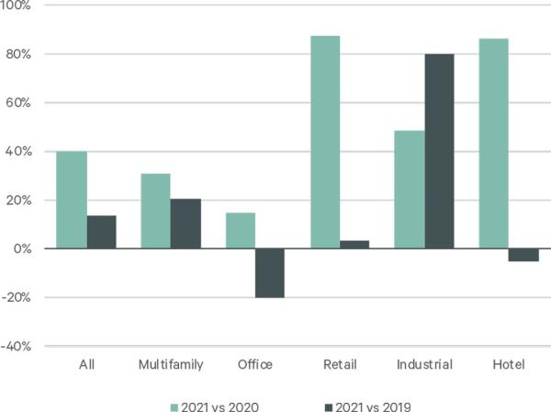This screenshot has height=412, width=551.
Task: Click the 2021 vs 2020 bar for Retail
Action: pos(325,143)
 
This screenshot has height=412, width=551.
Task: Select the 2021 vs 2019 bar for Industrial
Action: pos(439,151)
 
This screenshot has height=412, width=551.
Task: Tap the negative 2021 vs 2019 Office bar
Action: pos(270,273)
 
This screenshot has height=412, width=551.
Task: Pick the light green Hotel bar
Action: pos(493,143)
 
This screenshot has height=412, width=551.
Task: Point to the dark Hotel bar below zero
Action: pos(523,255)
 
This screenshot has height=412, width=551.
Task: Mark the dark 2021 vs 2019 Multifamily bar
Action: pos(186,223)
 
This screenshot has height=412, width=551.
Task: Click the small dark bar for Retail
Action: pos(354,245)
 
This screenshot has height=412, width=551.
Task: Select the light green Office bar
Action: pos(241,231)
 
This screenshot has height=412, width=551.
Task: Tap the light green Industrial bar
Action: pos(410,189)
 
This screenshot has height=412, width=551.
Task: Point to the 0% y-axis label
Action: pos(22,249)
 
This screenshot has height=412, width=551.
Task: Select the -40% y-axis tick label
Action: pos(17,347)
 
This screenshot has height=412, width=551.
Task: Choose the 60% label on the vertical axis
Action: pos(20,103)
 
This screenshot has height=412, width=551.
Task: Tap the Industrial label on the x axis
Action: pos(424,365)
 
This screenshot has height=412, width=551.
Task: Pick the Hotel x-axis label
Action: pos(509,365)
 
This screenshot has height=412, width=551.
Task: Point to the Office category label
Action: pos(254,365)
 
